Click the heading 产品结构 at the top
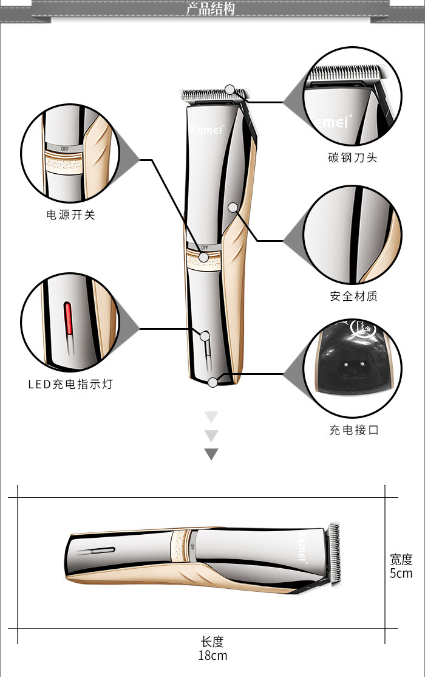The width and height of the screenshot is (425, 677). [210, 9]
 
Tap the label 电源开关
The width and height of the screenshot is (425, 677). [71, 215]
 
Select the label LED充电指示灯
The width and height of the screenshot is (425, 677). [70, 384]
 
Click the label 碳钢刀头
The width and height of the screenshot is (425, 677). [353, 158]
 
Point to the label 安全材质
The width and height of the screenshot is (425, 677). [353, 297]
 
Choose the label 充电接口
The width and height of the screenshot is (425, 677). [353, 430]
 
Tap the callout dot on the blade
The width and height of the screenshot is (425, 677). [229, 90]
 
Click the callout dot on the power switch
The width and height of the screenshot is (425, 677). [204, 257]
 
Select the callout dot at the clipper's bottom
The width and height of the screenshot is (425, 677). [212, 382]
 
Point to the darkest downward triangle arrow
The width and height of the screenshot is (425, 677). [211, 454]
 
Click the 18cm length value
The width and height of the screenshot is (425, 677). [212, 655]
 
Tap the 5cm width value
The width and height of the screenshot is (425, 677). [401, 573]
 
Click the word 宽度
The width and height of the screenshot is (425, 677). [401, 559]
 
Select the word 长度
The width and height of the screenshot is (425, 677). [212, 641]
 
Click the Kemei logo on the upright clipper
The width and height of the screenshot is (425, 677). [208, 128]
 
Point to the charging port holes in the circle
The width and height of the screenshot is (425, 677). [352, 365]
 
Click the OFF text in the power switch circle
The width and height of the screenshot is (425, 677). [64, 148]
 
